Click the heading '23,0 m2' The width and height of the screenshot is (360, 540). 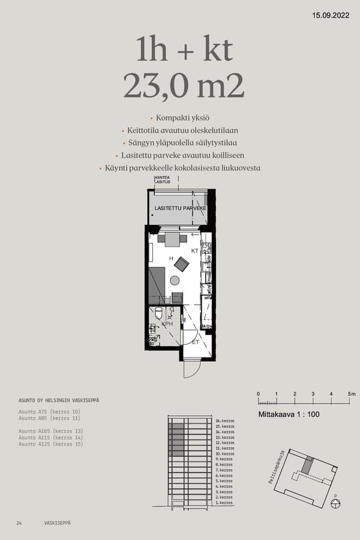tap(184, 86)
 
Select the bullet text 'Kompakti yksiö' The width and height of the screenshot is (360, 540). tap(181, 118)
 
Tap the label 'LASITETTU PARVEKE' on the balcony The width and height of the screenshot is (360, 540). tap(181, 208)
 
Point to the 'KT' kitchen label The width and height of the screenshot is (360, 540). tap(194, 250)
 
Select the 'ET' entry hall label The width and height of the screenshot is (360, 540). tap(195, 342)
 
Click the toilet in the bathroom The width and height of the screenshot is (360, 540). tap(158, 313)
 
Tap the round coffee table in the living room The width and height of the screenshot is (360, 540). tap(175, 280)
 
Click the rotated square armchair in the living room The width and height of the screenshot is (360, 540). tap(181, 263)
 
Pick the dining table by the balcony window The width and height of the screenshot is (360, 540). tap(173, 239)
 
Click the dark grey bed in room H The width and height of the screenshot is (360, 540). tap(157, 286)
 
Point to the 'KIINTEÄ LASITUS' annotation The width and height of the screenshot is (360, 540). tap(163, 181)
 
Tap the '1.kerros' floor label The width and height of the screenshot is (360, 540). tap(223, 503)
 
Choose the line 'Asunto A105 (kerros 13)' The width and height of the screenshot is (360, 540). tap(50, 431)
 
